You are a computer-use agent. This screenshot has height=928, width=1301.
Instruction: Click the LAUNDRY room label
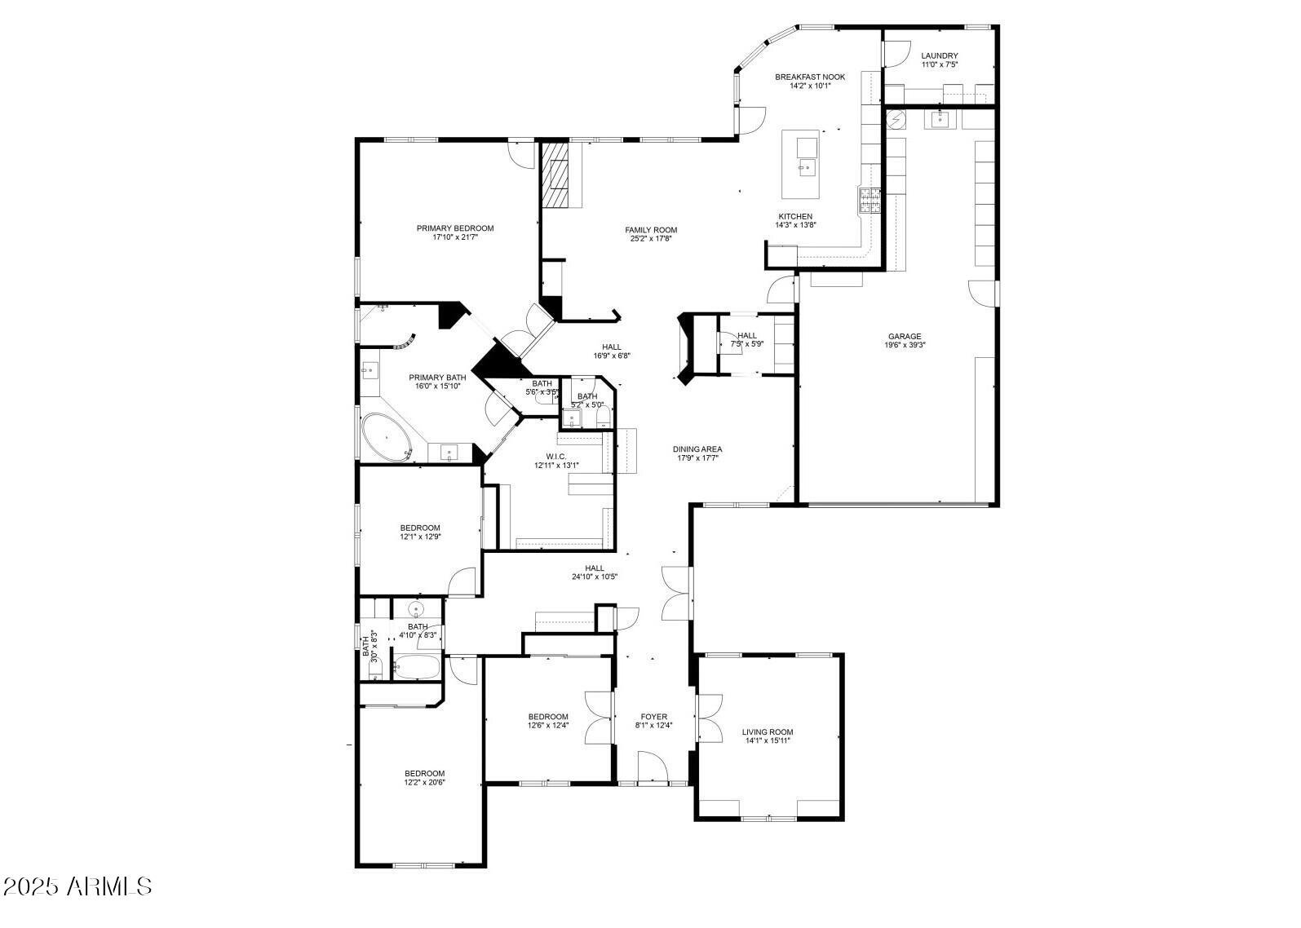click(939, 56)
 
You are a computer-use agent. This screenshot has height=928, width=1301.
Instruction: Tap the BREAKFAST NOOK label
click(810, 77)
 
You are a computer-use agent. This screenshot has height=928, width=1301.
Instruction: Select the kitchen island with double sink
click(806, 163)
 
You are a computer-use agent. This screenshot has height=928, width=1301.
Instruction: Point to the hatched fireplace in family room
click(555, 175)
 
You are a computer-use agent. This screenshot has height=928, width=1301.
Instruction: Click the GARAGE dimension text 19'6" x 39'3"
click(905, 345)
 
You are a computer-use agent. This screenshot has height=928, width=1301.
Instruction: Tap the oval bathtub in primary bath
click(387, 438)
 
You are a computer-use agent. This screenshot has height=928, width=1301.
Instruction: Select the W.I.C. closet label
click(556, 457)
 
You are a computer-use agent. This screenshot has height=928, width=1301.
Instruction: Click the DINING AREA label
click(697, 449)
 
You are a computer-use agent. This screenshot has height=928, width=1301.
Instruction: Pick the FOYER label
click(653, 717)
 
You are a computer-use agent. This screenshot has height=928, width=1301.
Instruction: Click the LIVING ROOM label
click(767, 732)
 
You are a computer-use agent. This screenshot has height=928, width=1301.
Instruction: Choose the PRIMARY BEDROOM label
click(455, 228)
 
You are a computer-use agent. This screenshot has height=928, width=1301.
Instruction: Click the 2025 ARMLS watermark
click(77, 886)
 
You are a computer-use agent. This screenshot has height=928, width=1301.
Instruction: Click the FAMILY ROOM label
click(651, 230)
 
